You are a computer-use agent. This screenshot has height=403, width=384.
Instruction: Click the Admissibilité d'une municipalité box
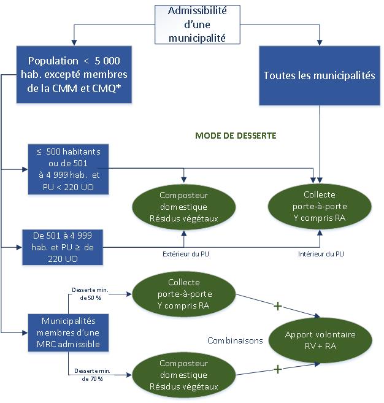[197, 25]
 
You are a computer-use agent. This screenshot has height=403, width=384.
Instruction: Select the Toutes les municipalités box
[320, 75]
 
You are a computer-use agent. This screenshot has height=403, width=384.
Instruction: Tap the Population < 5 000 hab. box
[74, 75]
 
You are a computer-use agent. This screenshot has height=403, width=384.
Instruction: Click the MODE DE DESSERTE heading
[236, 136]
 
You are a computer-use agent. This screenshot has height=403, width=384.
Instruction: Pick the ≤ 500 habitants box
[68, 169]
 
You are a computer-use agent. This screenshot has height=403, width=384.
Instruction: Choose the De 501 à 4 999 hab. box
[63, 247]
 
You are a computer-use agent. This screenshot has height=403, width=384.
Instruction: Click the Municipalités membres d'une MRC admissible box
[68, 332]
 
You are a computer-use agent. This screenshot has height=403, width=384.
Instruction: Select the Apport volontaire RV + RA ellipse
[320, 340]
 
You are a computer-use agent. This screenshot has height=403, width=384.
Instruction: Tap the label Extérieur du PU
[186, 254]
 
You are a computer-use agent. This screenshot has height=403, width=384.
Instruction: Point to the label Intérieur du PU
[321, 254]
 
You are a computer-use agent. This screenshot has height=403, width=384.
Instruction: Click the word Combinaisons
[235, 340]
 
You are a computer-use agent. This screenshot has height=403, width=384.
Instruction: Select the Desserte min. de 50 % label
[90, 294]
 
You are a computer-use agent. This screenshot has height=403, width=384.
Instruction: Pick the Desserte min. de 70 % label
[92, 375]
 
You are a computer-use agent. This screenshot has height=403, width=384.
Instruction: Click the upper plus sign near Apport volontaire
[278, 306]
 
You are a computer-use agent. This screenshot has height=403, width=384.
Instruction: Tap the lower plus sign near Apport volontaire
[278, 369]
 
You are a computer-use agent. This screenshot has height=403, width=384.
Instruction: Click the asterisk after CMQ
[118, 86]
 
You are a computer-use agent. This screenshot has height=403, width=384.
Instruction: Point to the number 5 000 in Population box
[107, 61]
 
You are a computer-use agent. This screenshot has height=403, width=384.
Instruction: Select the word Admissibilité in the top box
[198, 11]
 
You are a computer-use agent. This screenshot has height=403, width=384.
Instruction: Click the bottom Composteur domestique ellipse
[184, 375]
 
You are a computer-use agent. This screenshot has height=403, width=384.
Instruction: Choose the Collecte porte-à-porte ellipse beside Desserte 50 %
[184, 294]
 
